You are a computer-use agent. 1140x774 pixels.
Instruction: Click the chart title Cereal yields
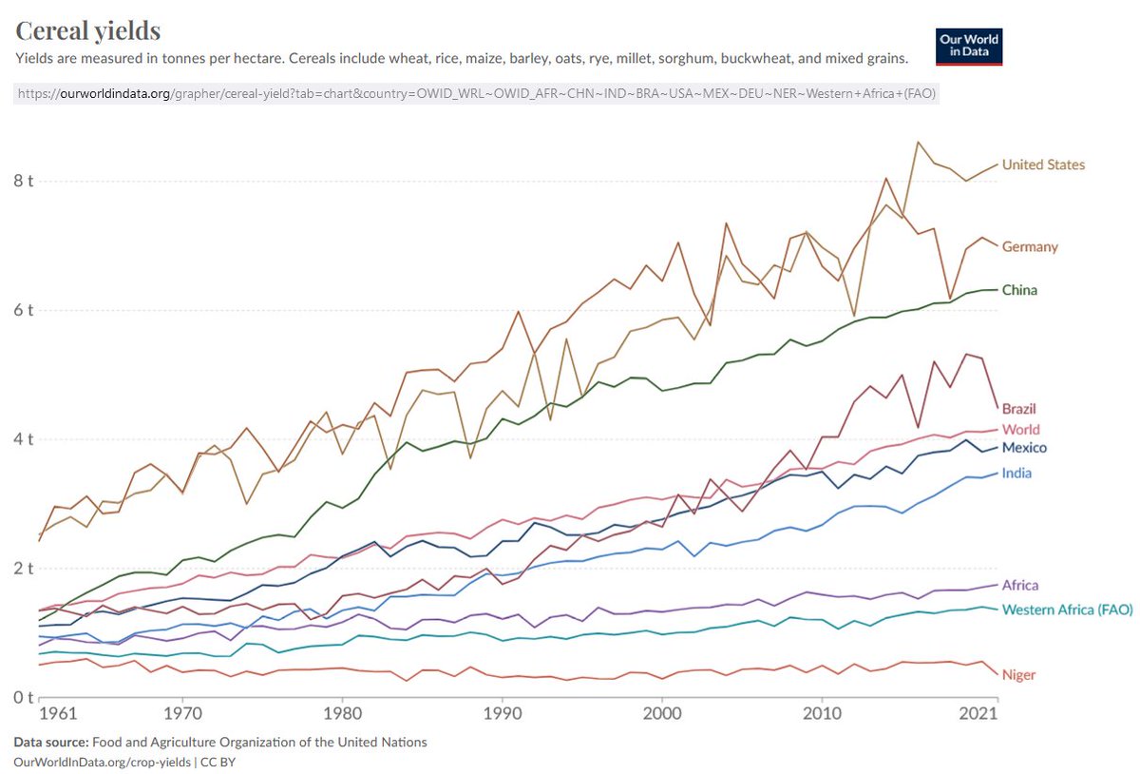click(87, 30)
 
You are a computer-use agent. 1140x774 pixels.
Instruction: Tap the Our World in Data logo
click(969, 46)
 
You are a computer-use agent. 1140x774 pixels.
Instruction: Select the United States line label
click(1043, 164)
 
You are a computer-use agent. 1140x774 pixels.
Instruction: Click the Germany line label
click(1030, 246)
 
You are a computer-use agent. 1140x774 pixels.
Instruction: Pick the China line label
click(1019, 290)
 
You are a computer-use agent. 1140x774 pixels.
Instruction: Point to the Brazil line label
click(1018, 409)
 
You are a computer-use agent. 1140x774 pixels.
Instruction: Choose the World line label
click(1020, 430)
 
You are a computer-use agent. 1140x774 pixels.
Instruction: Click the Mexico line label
click(1024, 448)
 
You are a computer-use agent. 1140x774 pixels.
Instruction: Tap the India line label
click(1016, 474)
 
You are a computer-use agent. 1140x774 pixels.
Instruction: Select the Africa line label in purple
click(1020, 586)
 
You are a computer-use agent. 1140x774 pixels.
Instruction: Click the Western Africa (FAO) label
click(1067, 610)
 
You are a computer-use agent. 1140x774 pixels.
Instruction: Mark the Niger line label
click(1018, 675)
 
